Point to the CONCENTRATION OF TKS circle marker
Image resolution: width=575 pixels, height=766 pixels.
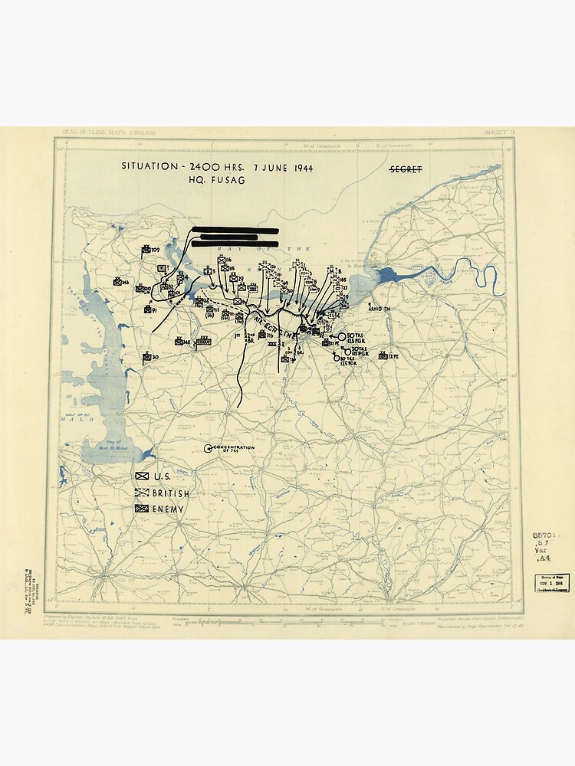pos(208,448)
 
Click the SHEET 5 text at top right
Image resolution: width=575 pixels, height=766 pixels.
pos(499,133)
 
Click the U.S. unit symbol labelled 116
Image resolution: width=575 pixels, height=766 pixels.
pos(222,261)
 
